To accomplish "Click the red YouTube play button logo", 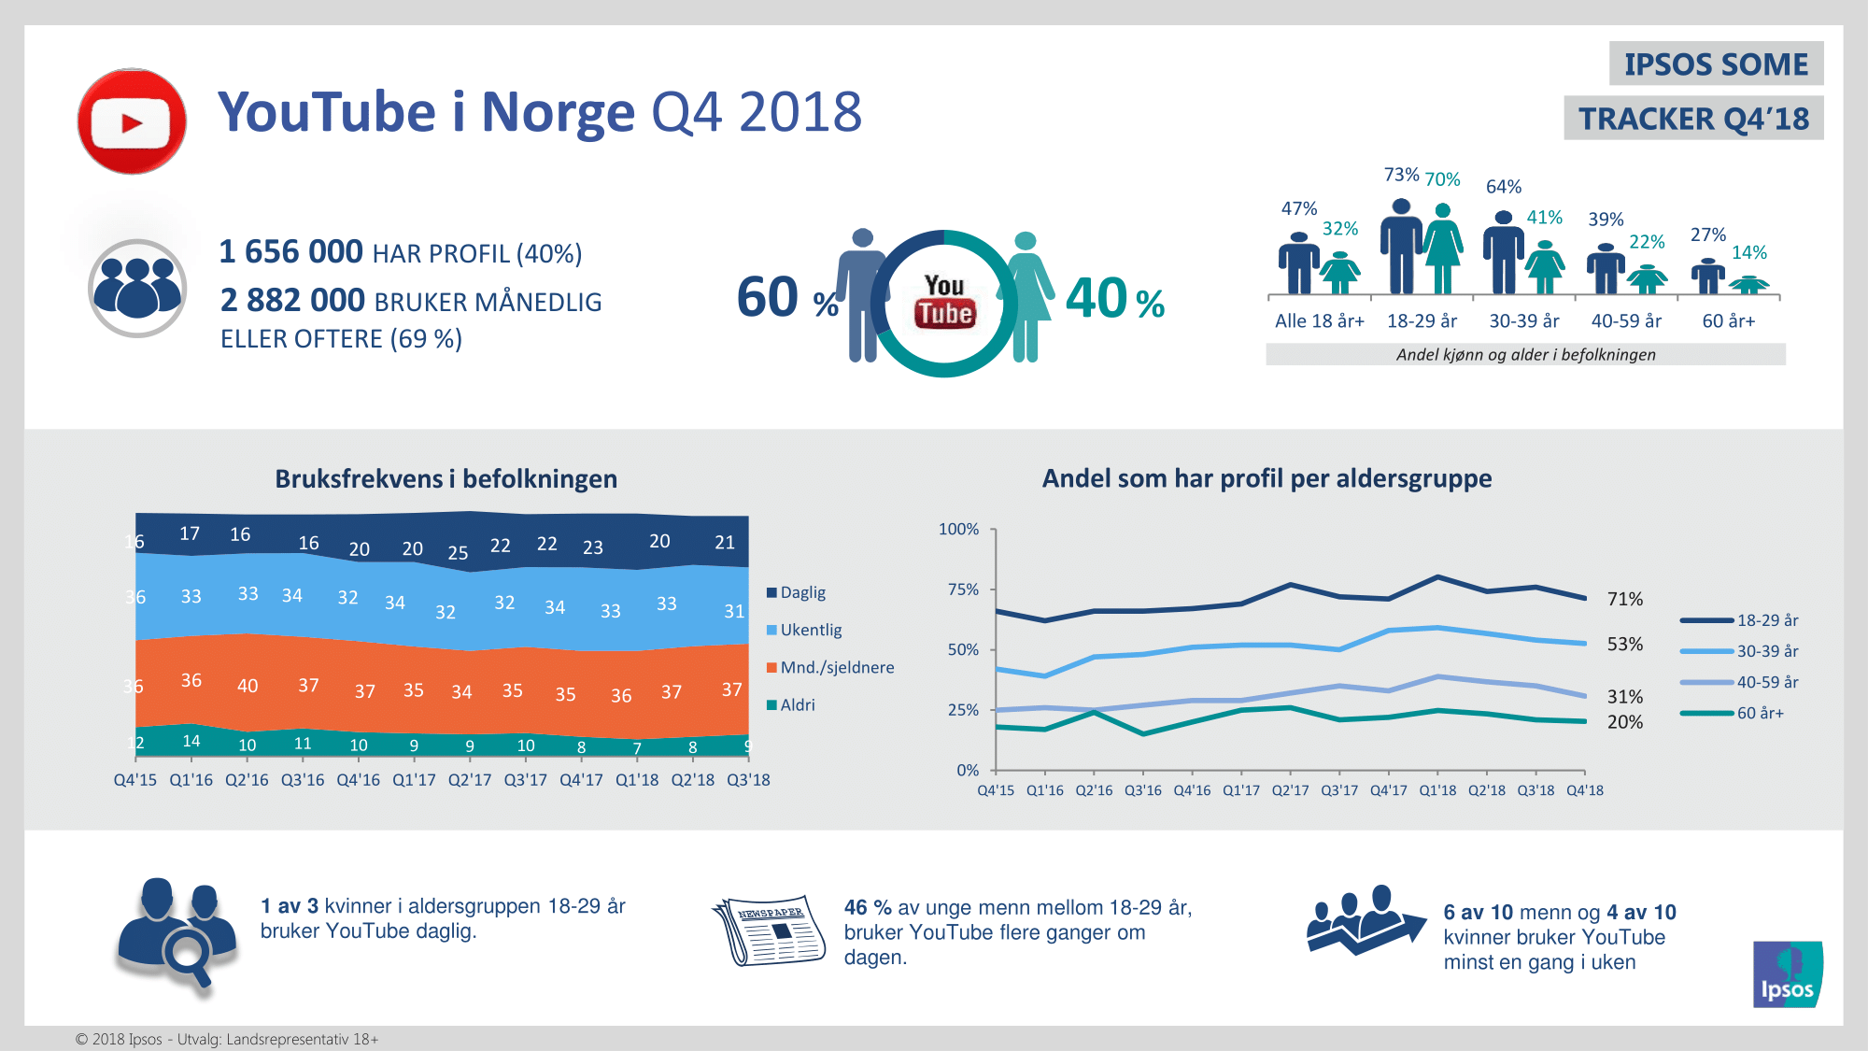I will coord(132,121).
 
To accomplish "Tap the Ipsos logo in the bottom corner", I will coord(1787,974).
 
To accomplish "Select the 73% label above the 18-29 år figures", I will coord(1401,175).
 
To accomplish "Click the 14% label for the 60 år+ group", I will coord(1748,252).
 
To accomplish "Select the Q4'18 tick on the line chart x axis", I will coord(1585,790).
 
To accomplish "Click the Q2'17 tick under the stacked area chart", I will coord(470,780).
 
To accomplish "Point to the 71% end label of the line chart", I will coord(1624,599).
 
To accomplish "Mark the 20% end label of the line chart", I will coord(1624,722).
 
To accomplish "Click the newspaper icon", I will coord(770,931).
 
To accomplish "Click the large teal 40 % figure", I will coord(1114,300).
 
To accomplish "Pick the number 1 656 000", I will coord(290,252).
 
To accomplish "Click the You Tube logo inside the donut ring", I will coord(944,302).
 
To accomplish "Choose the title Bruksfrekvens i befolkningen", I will coord(446,479).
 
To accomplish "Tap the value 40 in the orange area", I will coord(248,686).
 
